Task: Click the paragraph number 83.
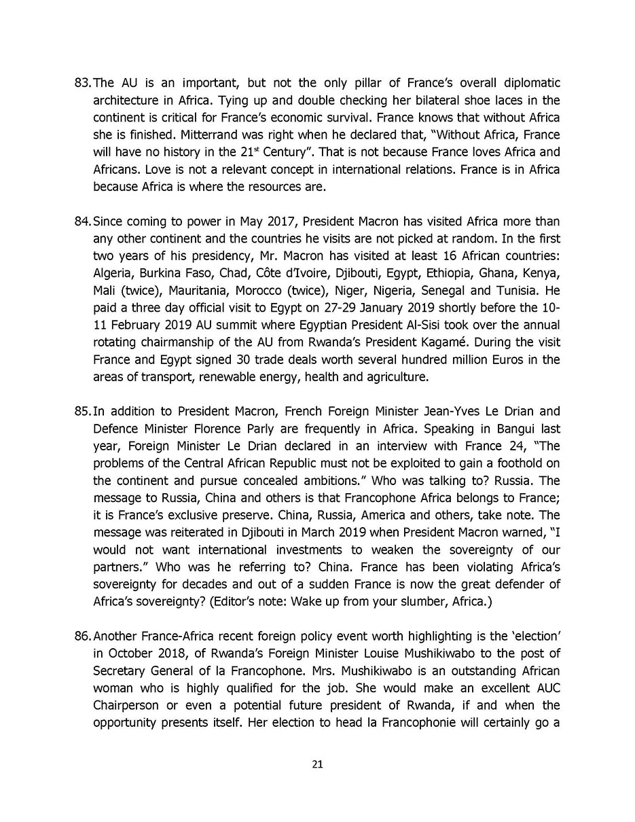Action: pyautogui.click(x=82, y=83)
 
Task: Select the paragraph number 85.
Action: pyautogui.click(x=82, y=411)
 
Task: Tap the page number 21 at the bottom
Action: pyautogui.click(x=317, y=764)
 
